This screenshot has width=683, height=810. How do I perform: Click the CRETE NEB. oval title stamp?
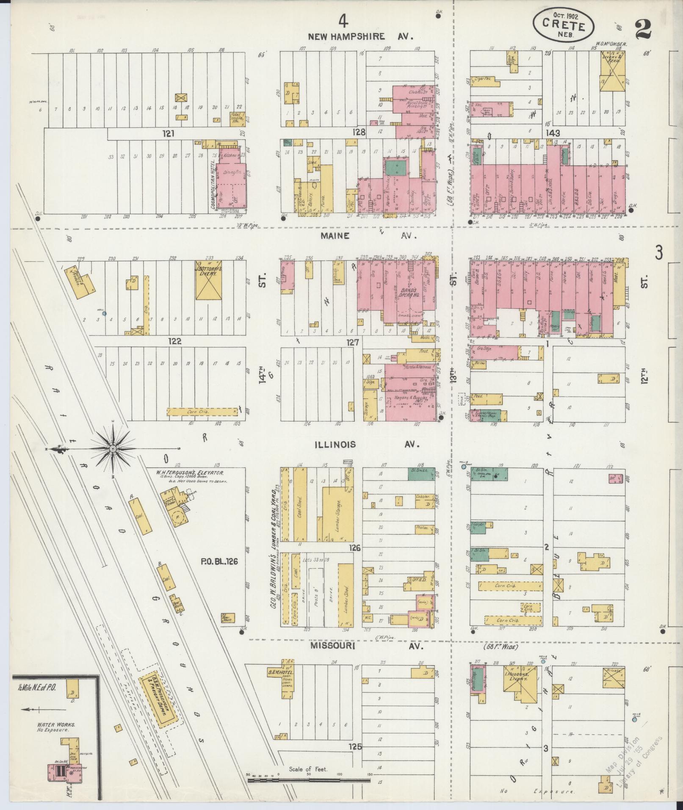coord(563,25)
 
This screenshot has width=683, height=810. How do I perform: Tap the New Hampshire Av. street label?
coord(360,36)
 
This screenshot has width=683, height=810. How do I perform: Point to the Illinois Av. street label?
coord(367,445)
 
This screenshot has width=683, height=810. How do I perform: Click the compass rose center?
coord(113,448)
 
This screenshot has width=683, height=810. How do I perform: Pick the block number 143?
coord(553,133)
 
